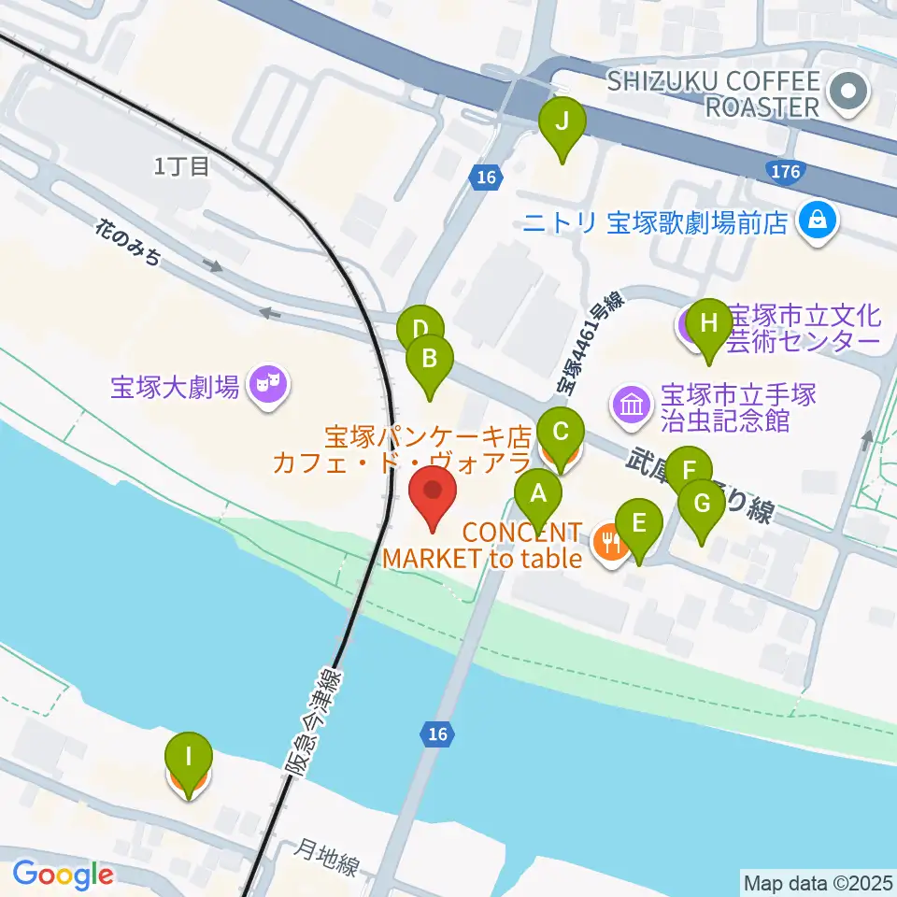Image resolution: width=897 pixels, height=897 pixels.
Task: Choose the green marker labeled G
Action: click(x=702, y=506)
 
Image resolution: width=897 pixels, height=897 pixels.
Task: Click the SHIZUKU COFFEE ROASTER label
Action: click(x=713, y=93)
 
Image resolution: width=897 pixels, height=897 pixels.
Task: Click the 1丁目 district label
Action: click(x=181, y=167)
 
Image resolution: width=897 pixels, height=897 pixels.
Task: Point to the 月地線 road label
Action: click(x=327, y=857)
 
